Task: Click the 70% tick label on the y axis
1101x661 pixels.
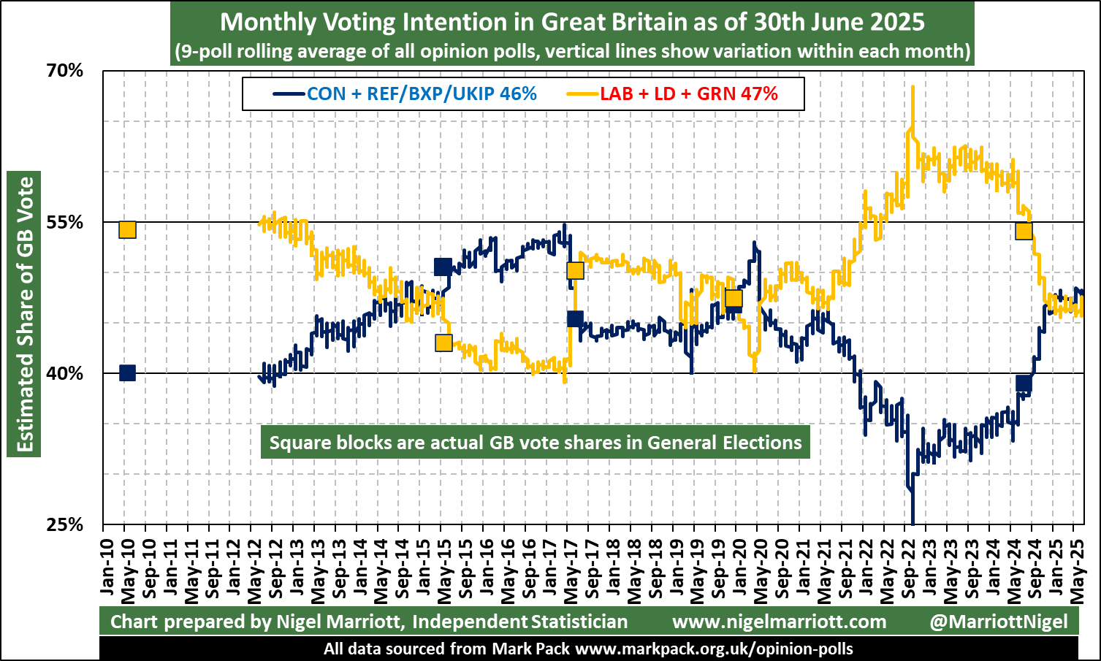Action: click(65, 71)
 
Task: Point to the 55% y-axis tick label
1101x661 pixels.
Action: click(65, 222)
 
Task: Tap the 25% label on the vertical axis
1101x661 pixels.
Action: click(65, 524)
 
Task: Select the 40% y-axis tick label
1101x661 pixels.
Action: click(65, 373)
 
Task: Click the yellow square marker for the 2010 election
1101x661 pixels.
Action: click(127, 229)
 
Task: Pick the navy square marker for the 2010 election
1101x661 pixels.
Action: click(127, 372)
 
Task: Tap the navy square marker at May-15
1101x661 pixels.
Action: click(442, 267)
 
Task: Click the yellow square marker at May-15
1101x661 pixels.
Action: click(443, 343)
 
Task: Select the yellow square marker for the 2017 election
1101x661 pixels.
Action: click(575, 271)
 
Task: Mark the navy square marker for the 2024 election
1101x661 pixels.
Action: click(1024, 383)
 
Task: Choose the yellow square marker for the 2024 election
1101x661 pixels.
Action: click(1024, 231)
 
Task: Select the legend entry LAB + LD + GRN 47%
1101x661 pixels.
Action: click(688, 93)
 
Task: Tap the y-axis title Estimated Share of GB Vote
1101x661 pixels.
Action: click(26, 314)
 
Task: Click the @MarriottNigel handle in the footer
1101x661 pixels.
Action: click(999, 622)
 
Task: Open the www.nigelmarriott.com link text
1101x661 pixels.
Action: click(779, 622)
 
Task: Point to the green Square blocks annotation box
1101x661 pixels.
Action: click(536, 443)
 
